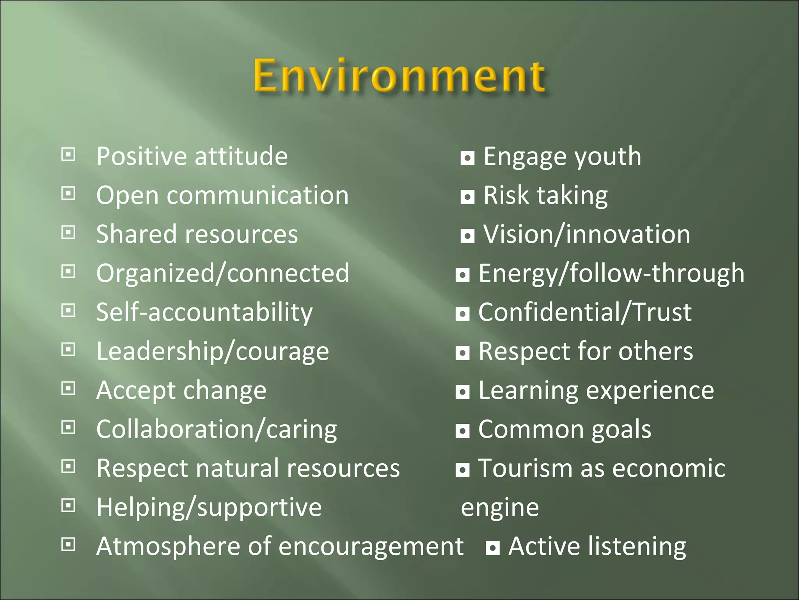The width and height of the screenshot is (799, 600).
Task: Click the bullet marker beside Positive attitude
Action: click(x=68, y=155)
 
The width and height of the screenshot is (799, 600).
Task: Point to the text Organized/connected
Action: click(x=222, y=273)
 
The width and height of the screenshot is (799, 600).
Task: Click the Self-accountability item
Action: click(x=204, y=312)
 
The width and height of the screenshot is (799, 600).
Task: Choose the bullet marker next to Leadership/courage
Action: click(x=68, y=350)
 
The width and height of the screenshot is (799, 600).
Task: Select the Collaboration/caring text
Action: click(x=217, y=430)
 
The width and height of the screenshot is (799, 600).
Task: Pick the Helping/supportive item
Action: click(x=209, y=508)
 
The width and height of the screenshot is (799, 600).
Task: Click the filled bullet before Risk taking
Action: click(x=467, y=197)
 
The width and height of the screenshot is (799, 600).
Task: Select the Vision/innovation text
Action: click(x=586, y=234)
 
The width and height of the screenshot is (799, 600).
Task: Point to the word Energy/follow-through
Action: click(x=611, y=273)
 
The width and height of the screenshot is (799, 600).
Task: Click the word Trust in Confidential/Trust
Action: click(x=662, y=312)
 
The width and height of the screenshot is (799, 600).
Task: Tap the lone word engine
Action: click(x=500, y=508)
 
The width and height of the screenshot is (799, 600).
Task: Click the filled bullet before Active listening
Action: click(x=492, y=548)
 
